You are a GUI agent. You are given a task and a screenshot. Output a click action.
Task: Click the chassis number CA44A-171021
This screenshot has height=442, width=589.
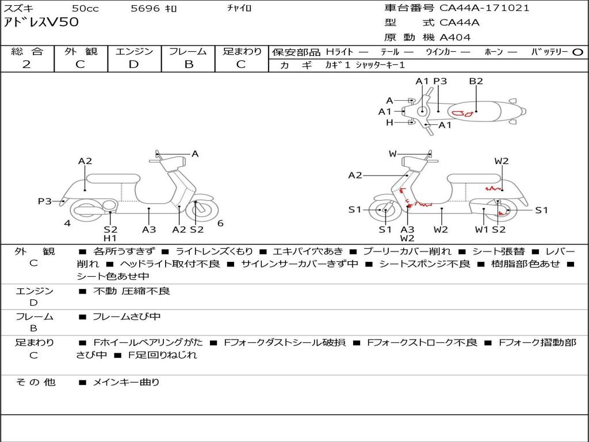(x=484, y=8)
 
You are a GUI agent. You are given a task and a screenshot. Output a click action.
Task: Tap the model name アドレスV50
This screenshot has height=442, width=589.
(x=41, y=22)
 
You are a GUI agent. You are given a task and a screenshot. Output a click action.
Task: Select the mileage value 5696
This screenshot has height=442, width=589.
(x=145, y=8)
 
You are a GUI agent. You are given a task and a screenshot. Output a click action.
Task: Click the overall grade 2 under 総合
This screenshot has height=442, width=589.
(x=26, y=64)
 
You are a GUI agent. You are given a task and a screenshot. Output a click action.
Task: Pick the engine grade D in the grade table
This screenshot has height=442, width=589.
(x=133, y=64)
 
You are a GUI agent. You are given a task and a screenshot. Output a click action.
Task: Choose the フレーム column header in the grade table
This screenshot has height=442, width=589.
(x=188, y=51)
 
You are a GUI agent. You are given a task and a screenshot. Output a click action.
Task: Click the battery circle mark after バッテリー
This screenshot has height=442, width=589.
(x=577, y=52)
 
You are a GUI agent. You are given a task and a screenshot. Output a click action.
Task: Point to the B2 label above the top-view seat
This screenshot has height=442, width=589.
(x=476, y=81)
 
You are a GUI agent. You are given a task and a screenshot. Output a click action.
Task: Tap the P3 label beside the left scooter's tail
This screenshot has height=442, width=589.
(x=45, y=201)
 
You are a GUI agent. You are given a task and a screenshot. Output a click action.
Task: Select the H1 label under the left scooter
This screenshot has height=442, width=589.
(x=110, y=238)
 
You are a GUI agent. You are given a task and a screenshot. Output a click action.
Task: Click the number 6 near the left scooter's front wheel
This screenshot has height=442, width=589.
(x=220, y=223)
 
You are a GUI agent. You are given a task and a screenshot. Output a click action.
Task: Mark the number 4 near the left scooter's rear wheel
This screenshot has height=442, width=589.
(x=67, y=223)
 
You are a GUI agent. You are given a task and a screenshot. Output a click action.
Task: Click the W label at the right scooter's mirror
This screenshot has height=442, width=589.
(x=392, y=154)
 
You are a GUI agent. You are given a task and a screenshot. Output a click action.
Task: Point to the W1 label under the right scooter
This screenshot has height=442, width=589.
(x=481, y=229)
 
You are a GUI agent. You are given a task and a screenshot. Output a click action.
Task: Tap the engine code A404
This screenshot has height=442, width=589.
(x=455, y=37)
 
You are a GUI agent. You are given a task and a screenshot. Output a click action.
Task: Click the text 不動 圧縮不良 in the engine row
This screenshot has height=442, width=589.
(x=132, y=291)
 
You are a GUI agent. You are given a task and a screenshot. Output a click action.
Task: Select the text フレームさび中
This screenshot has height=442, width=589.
(x=127, y=317)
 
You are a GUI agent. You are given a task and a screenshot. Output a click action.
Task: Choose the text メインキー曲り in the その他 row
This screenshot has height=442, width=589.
(x=126, y=382)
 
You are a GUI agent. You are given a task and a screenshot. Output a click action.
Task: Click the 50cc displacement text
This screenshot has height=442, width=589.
(x=85, y=8)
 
